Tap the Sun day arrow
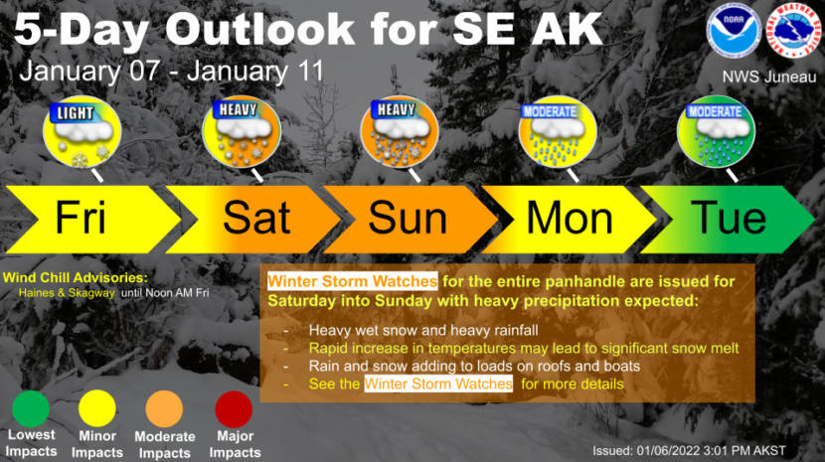411,219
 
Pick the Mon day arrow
570,219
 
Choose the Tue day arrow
729,219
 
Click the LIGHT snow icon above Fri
82,132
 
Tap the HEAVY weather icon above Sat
242,131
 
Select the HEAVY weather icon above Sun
400,131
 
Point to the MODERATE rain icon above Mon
558,131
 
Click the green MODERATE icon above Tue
716,131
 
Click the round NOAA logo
734,31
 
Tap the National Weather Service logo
793,31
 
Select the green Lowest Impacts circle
31,409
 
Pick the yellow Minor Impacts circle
97,409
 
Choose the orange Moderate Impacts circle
164,409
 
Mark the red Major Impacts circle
234,409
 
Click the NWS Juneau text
768,77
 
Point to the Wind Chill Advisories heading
76,278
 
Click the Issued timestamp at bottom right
689,451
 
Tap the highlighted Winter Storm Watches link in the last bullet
438,384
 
